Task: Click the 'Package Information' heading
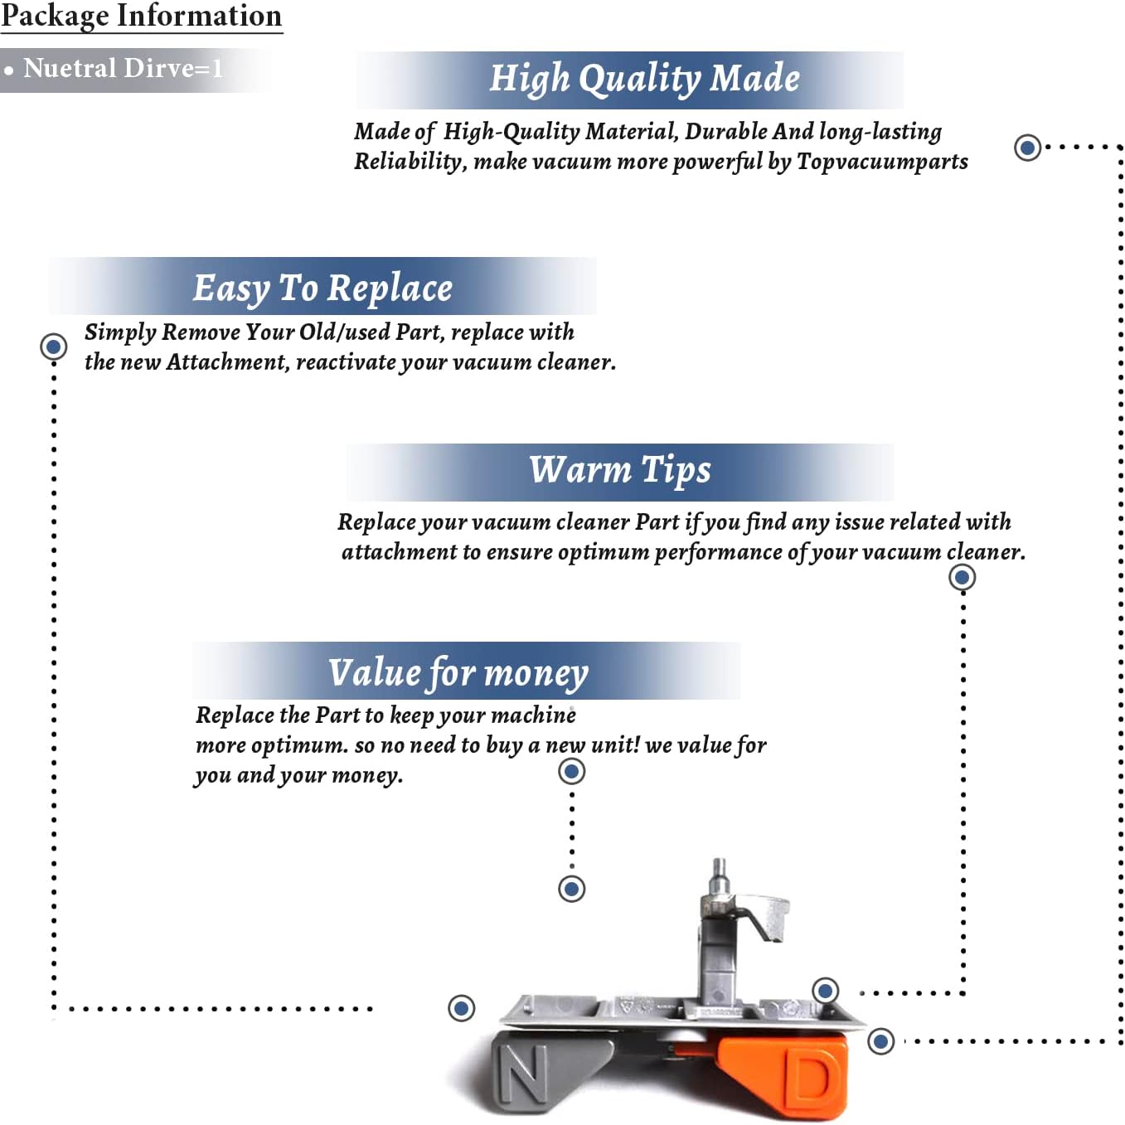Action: pyautogui.click(x=141, y=16)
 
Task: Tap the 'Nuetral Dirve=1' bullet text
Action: pyautogui.click(x=123, y=68)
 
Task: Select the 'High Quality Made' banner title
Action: pyautogui.click(x=644, y=79)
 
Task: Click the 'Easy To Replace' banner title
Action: pyautogui.click(x=322, y=289)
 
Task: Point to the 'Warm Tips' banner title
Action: pyautogui.click(x=620, y=470)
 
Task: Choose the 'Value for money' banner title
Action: pyautogui.click(x=458, y=672)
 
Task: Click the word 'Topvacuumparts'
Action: pyautogui.click(x=882, y=161)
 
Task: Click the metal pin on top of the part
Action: pyautogui.click(x=720, y=875)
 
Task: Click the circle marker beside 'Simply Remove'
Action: pyautogui.click(x=54, y=346)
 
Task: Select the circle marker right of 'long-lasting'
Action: pyautogui.click(x=1028, y=148)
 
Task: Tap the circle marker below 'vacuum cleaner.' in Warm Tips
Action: pyautogui.click(x=962, y=577)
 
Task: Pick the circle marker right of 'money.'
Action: pyautogui.click(x=571, y=772)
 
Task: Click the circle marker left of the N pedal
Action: pyautogui.click(x=462, y=1008)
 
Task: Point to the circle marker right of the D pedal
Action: pyautogui.click(x=881, y=1040)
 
